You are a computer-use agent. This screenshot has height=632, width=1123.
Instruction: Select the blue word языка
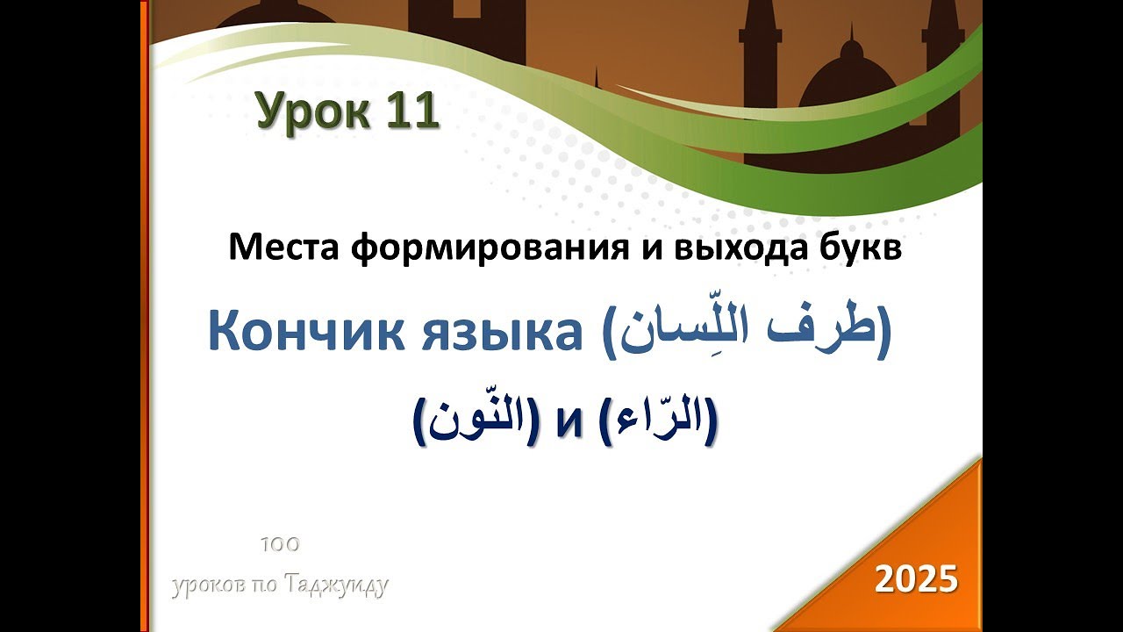[501, 334]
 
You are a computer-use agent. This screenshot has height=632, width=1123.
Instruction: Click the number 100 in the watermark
[280, 545]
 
